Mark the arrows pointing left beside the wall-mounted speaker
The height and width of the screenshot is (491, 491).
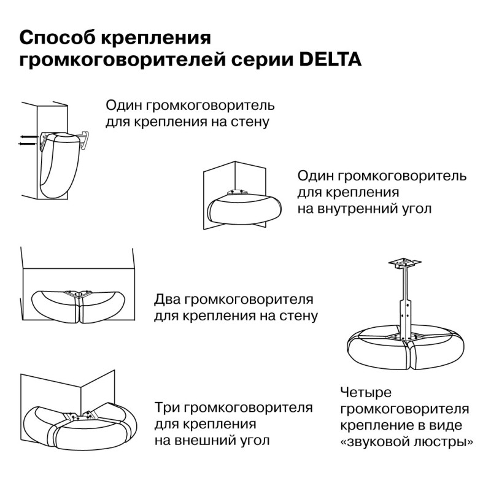[x=26, y=139]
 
